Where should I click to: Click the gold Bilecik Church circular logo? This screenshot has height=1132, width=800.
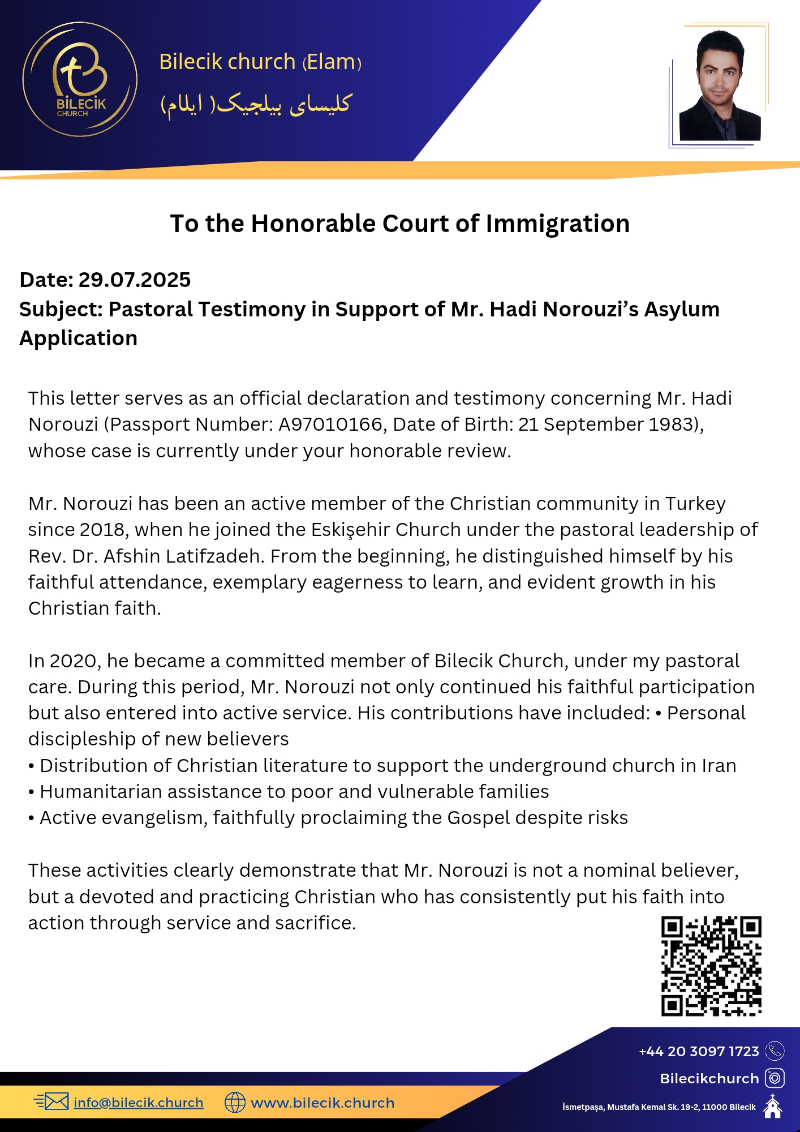pos(80,79)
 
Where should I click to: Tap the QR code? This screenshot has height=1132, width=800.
pos(711,966)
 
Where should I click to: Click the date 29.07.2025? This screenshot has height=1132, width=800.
pos(134,280)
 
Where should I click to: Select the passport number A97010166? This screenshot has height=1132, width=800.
pos(330,424)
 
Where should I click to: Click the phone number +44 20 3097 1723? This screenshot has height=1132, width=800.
pos(699,1051)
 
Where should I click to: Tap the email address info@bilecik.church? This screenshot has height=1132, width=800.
pos(138,1103)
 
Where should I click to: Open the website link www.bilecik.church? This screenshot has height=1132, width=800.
pos(322,1103)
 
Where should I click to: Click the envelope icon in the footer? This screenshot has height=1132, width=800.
pos(55,1101)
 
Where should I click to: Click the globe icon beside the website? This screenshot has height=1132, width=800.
pos(235,1102)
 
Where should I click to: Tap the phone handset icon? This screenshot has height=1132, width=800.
pos(775,1051)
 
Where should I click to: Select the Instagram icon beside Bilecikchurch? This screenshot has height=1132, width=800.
pos(775,1078)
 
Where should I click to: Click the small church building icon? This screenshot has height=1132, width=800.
pos(772,1107)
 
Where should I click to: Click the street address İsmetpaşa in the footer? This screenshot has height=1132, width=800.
pos(583,1107)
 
